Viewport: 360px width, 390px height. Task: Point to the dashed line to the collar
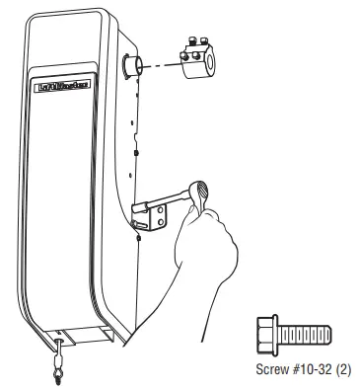coord(161,65)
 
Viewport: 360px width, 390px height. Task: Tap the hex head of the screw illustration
coord(264,336)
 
